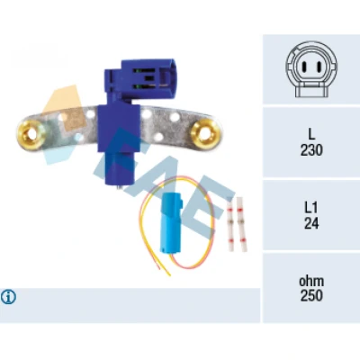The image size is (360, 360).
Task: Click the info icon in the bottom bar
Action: coord(8,297)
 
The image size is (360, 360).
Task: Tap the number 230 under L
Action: coord(311,150)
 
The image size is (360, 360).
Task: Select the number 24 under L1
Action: coord(311,223)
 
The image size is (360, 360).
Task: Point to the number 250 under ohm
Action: coord(311,295)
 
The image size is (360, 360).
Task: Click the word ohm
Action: coord(311,281)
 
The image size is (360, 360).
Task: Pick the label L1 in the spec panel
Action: coord(311,208)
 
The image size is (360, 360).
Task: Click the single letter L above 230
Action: coord(311,134)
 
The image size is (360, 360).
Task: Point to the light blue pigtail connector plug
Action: coord(172,221)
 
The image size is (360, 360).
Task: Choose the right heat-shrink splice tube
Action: coord(241,223)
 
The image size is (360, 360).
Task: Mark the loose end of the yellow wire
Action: coord(170,274)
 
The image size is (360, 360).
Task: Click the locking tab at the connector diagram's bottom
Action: coord(311,91)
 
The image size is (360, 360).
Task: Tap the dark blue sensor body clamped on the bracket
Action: coord(119,128)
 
